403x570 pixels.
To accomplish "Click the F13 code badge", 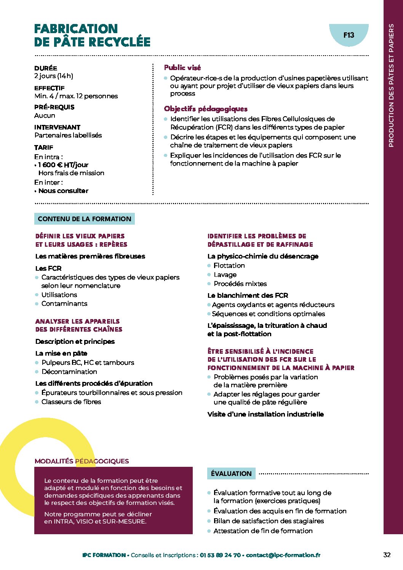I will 349,35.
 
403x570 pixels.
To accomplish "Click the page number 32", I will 387,555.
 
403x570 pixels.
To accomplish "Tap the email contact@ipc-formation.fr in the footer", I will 283,555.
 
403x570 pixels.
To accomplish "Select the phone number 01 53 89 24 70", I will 220,555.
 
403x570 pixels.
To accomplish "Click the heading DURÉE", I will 46,68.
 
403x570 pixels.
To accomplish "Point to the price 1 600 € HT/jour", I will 63,165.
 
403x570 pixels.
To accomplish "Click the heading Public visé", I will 182,67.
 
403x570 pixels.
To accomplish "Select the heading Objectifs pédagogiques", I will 206,109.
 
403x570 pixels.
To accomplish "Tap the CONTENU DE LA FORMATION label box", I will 85,219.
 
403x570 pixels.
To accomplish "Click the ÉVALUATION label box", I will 231,474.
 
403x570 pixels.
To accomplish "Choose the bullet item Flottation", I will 229,265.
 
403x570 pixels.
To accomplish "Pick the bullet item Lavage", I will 225,275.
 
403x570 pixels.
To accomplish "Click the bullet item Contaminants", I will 64,303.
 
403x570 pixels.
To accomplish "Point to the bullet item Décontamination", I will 69,372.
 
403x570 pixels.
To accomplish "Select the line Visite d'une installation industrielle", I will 265,414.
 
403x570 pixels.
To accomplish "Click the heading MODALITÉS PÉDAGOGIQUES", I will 82,461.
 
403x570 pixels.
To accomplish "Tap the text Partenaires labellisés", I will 68,135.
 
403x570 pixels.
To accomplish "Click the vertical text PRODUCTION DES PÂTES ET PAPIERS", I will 391,85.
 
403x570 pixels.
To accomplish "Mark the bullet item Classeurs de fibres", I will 71,402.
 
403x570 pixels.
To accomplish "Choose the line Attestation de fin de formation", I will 263,531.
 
